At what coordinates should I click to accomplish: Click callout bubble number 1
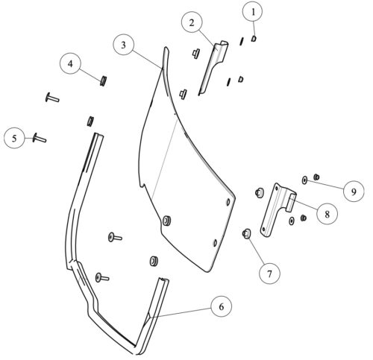(253, 12)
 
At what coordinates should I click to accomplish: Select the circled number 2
(192, 22)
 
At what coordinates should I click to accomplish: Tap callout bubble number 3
(124, 45)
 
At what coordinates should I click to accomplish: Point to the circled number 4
(70, 63)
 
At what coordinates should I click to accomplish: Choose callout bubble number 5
(15, 138)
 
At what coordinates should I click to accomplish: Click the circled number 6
(221, 306)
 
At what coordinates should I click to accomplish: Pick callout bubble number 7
(269, 274)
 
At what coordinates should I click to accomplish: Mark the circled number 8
(327, 214)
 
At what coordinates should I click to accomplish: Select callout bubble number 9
(354, 192)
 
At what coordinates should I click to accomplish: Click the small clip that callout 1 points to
(254, 39)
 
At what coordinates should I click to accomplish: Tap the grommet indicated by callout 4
(103, 80)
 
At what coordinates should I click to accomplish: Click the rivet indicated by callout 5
(40, 138)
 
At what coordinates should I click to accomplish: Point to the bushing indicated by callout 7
(246, 233)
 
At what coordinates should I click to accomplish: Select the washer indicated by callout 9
(304, 180)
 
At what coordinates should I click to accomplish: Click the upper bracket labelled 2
(213, 67)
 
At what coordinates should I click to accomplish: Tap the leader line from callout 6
(180, 312)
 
